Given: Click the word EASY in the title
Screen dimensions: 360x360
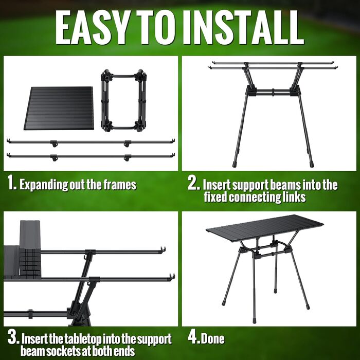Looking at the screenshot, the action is coord(92,28).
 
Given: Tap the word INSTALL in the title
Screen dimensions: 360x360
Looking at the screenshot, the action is coord(244,28).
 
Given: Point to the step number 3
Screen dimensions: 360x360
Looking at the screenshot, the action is coord(13,337).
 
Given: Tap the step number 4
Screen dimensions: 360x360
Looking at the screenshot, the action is coord(193,337).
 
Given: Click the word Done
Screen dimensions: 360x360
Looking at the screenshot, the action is coord(212,338).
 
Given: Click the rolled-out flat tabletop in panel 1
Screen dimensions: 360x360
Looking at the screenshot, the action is coord(59,108).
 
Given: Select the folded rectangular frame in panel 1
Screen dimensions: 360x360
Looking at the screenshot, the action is coord(123,101).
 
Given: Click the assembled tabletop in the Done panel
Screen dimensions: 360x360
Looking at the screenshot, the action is coord(264,226).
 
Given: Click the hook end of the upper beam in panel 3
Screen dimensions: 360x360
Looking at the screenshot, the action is coord(163,250).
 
